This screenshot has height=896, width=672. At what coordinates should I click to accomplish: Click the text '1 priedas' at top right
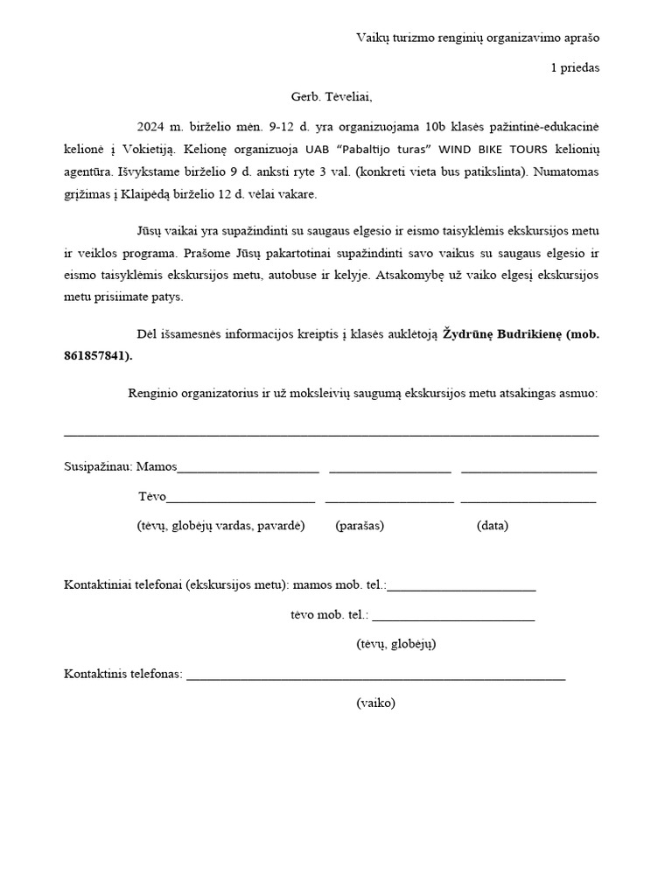(x=575, y=67)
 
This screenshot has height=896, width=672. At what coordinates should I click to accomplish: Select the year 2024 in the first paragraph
(x=151, y=126)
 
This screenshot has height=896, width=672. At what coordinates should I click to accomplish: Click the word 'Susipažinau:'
(x=98, y=466)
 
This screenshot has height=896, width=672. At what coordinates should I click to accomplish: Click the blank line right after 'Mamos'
(x=248, y=471)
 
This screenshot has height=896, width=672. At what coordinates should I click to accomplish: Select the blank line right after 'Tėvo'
(x=241, y=501)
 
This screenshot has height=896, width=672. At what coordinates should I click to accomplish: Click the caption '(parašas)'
(x=360, y=526)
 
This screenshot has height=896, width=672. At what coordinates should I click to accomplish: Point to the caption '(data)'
(x=493, y=526)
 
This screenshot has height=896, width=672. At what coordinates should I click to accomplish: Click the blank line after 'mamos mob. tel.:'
(x=461, y=589)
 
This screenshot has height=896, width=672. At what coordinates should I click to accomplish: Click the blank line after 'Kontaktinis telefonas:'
(x=375, y=678)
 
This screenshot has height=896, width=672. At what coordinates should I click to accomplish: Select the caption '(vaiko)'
(x=376, y=703)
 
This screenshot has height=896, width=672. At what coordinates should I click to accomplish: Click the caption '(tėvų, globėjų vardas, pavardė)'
(x=220, y=526)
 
